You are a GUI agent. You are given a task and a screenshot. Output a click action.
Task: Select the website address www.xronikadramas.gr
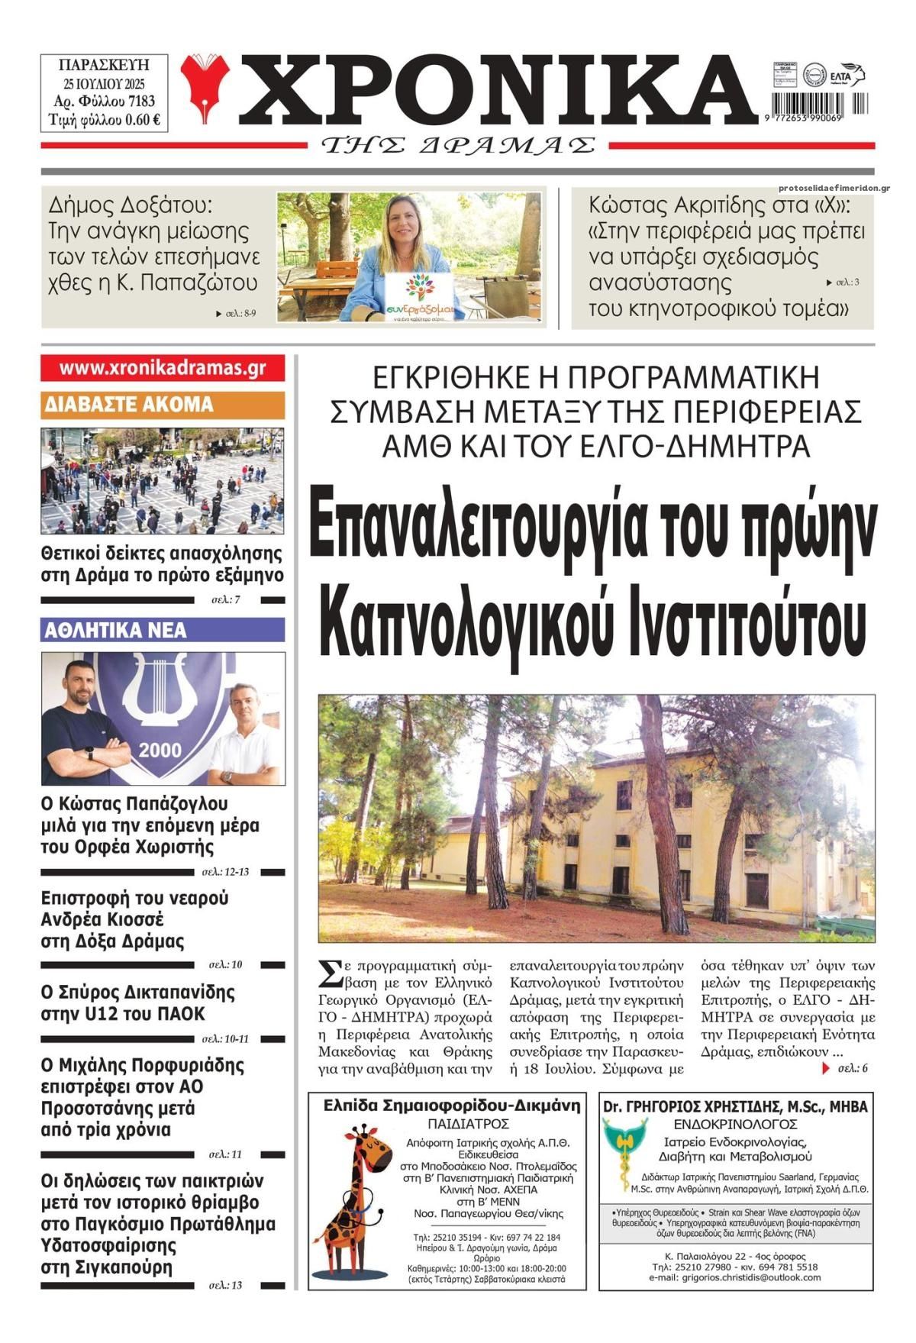point(163,368)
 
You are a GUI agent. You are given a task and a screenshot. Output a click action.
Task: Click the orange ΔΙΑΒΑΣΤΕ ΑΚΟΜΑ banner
point(163,404)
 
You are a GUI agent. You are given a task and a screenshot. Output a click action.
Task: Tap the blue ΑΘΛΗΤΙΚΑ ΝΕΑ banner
point(163,630)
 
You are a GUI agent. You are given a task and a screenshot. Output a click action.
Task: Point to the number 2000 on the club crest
point(160,750)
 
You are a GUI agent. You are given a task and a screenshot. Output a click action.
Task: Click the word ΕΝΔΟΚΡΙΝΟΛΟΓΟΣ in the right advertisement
point(735,1124)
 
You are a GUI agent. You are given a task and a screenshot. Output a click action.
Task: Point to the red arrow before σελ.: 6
point(825,1068)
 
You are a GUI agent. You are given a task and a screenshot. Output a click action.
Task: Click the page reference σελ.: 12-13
point(226,871)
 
